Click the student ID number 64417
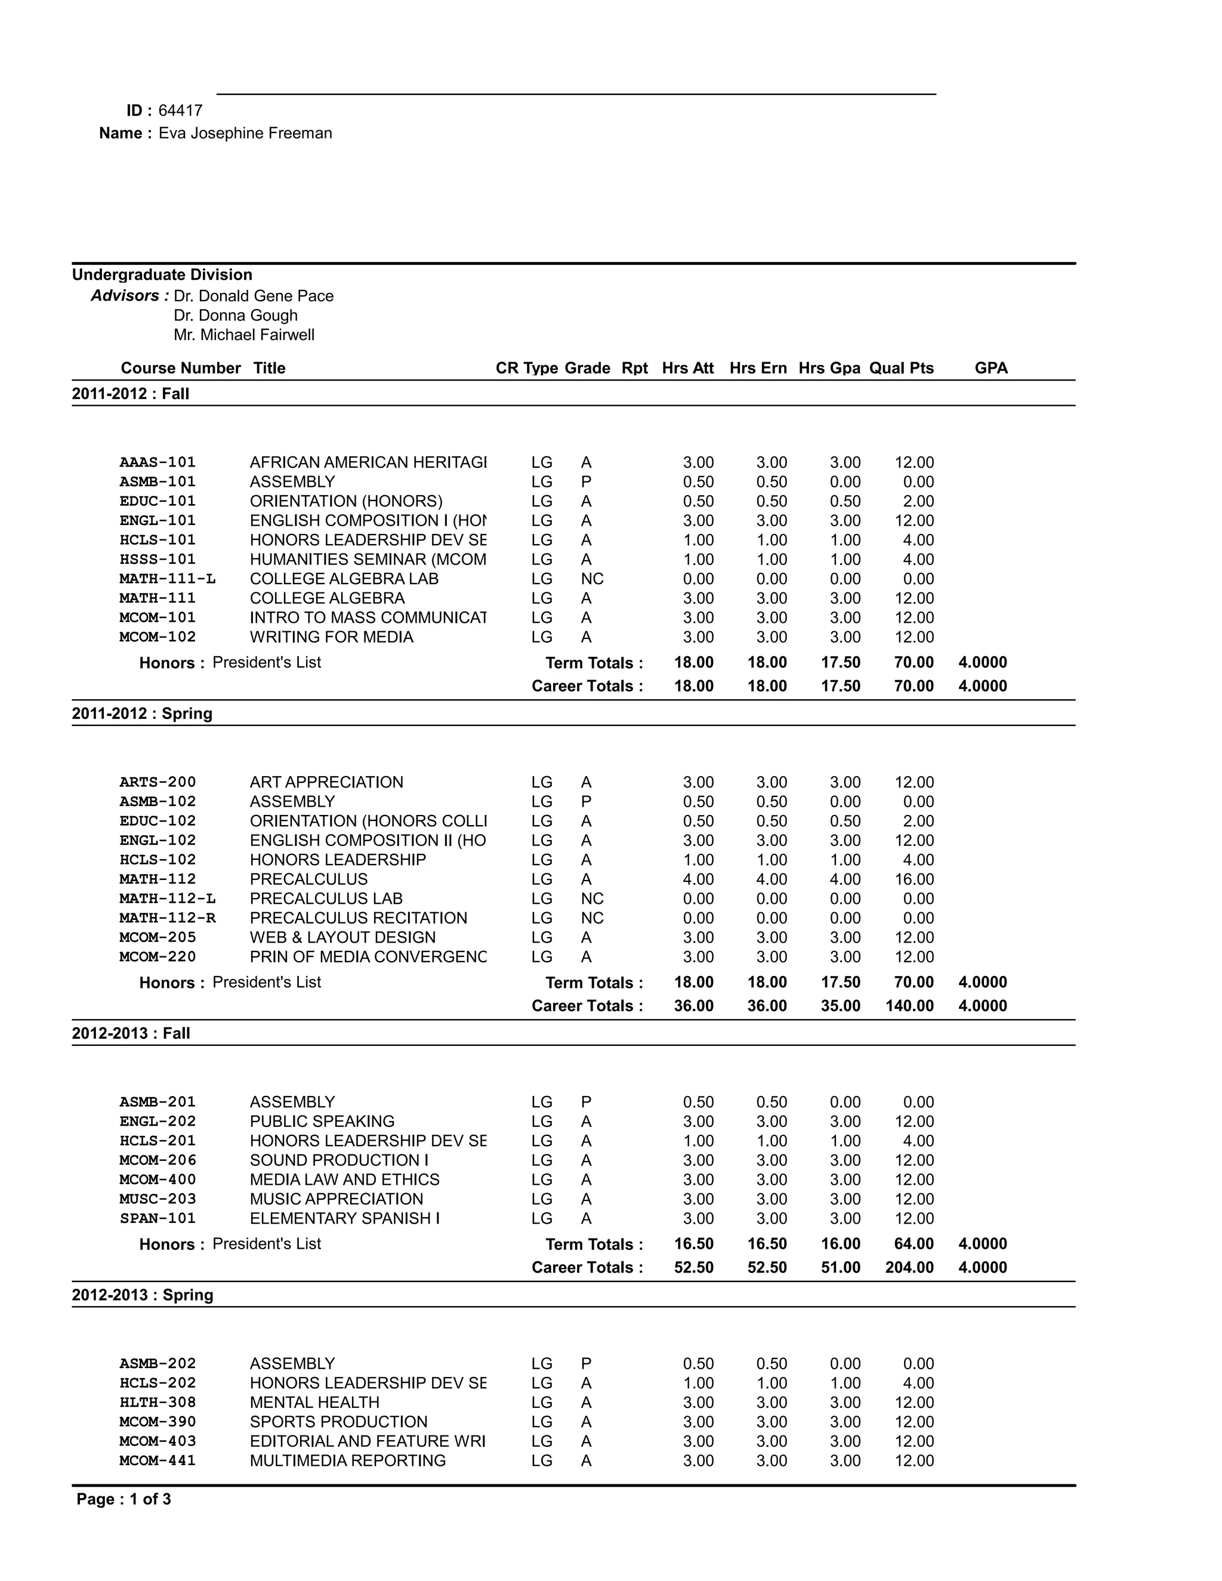pos(180,111)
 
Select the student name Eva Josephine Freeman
pos(245,133)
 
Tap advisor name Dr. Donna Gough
pos(235,316)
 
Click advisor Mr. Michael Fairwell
pos(244,335)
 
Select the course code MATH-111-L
pos(167,579)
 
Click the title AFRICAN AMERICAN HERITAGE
pos(368,462)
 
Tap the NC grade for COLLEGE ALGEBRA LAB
pos(591,579)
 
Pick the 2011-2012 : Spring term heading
pos(142,714)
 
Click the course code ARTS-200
pos(158,783)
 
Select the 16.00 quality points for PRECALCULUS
pos(914,879)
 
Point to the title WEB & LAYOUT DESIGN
pos(342,937)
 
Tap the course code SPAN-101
pos(158,1218)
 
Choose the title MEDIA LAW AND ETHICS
pos(345,1180)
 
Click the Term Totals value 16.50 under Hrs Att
pos(693,1244)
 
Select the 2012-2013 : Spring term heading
pos(143,1295)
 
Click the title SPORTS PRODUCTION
pos(338,1422)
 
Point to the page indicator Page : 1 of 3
pos(124,1499)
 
